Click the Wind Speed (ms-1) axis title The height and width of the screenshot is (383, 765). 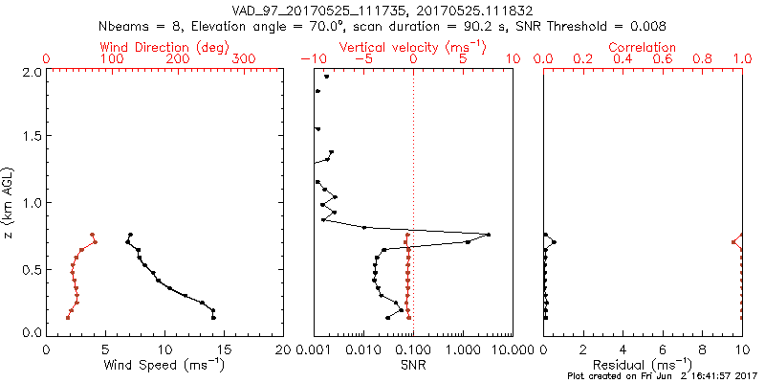(165, 364)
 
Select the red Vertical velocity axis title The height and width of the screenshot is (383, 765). (413, 47)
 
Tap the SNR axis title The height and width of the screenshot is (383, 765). (413, 364)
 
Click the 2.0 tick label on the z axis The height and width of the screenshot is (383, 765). (30, 72)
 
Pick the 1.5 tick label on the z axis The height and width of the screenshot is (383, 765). (30, 137)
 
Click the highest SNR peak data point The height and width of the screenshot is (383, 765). (489, 235)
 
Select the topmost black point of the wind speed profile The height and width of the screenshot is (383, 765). (130, 235)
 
